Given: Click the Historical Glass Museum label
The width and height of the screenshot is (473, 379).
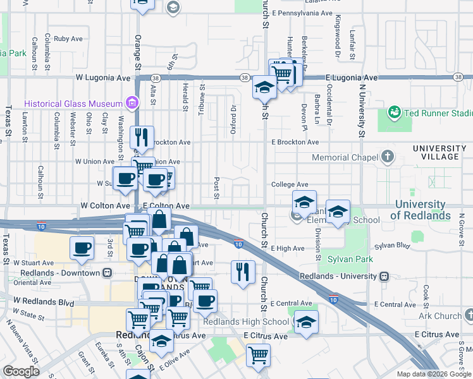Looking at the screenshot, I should coord(73,104).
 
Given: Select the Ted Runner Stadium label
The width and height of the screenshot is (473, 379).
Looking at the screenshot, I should coord(438,114).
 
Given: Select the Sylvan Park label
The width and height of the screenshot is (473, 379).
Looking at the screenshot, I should coord(350,259).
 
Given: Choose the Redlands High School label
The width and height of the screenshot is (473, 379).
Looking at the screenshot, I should coord(249,322).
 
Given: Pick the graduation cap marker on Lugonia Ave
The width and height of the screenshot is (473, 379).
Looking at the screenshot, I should coord(263,87).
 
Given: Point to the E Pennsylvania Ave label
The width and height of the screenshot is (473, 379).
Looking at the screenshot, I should coord(302,13).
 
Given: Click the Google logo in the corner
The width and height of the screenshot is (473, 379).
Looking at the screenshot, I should coord(21,371).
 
